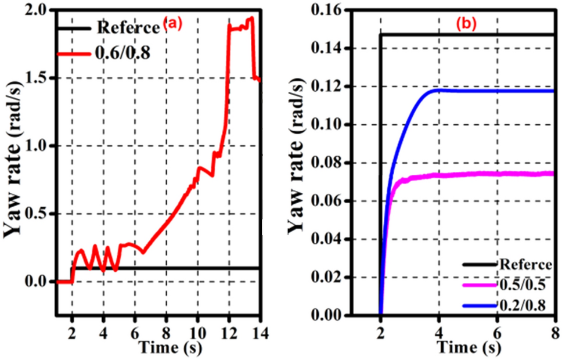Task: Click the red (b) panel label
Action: (466, 25)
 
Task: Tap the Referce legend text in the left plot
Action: (127, 27)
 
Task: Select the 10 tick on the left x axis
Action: (197, 334)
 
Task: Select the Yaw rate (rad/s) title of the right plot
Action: (295, 164)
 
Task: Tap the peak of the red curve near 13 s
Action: (251, 18)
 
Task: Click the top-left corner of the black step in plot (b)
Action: (380, 35)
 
